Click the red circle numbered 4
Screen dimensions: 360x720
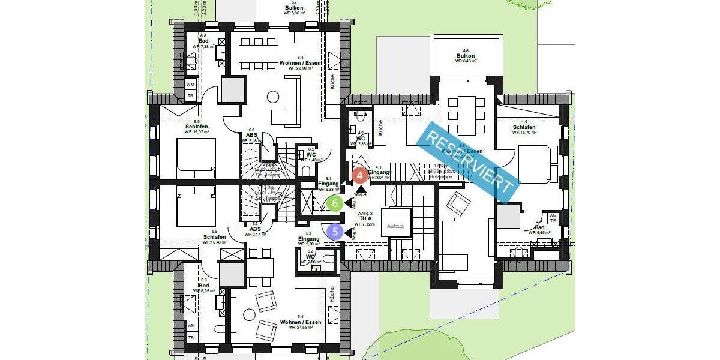(359, 176)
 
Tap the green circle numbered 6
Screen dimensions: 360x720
(335, 203)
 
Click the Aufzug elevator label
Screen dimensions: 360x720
(395, 227)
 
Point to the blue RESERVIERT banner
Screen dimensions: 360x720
(467, 161)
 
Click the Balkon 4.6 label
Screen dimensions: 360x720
(466, 56)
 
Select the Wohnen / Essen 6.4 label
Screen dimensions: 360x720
(301, 63)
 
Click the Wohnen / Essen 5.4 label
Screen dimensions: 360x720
(301, 322)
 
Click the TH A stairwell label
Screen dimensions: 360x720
(367, 218)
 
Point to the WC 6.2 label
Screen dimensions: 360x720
(311, 154)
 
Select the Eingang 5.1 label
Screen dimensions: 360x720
(308, 239)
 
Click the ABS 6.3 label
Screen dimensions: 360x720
(252, 135)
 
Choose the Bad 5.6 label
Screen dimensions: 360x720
(204, 286)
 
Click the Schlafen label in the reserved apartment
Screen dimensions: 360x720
(524, 128)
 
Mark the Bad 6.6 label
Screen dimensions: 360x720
(203, 41)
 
